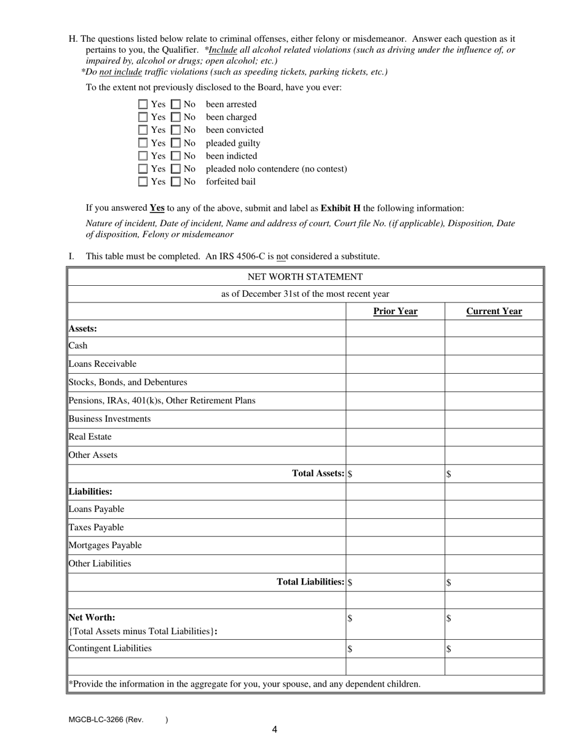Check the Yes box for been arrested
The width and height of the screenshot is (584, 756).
pyautogui.click(x=143, y=104)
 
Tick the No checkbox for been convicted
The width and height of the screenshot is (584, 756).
pyautogui.click(x=176, y=130)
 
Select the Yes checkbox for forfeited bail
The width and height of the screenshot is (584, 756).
pyautogui.click(x=143, y=182)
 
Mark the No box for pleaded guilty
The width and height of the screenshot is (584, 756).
pyautogui.click(x=176, y=143)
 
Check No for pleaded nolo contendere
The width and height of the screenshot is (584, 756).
pyautogui.click(x=176, y=169)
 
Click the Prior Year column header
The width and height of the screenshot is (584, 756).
pyautogui.click(x=395, y=311)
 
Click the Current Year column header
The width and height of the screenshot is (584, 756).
pyautogui.click(x=494, y=311)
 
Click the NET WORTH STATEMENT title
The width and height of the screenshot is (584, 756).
pyautogui.click(x=305, y=277)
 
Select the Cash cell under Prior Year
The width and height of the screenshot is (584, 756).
pyautogui.click(x=395, y=346)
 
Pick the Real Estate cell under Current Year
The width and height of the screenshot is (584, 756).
pyautogui.click(x=494, y=437)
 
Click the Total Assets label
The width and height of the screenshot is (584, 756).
pyautogui.click(x=318, y=473)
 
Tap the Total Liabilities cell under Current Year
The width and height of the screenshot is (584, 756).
pyautogui.click(x=494, y=582)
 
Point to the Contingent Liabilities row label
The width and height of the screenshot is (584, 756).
pyautogui.click(x=110, y=648)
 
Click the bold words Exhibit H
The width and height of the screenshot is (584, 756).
pyautogui.click(x=340, y=208)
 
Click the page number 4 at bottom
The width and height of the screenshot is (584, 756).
pyautogui.click(x=274, y=730)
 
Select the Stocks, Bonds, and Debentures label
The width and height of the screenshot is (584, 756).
pyautogui.click(x=128, y=382)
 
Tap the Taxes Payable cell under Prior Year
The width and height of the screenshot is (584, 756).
pyautogui.click(x=395, y=527)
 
